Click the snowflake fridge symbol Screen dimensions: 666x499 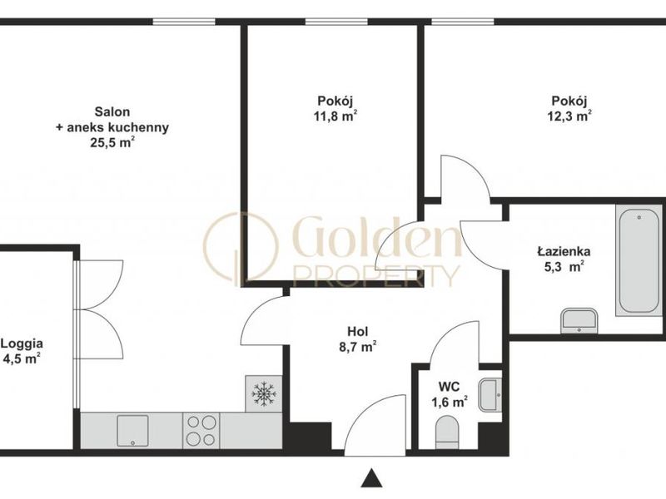(264, 393)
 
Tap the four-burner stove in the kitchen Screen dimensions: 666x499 (201, 430)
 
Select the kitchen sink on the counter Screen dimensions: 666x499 (132, 431)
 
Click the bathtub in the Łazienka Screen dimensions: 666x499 (639, 260)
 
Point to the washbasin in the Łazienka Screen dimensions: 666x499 (579, 321)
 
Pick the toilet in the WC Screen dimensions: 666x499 (447, 432)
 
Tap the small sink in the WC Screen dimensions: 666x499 (490, 395)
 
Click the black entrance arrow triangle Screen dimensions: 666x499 (371, 477)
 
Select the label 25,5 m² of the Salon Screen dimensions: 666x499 (112, 142)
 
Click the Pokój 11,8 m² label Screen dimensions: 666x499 (335, 109)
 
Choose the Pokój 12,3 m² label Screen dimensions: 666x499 (569, 109)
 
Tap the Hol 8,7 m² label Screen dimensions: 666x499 (358, 339)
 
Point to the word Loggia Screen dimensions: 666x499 (22, 343)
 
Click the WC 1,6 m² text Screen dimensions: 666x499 (450, 394)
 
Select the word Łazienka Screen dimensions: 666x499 (564, 251)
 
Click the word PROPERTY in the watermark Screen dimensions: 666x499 (376, 276)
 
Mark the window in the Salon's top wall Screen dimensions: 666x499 (184, 22)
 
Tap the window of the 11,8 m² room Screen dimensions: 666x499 (336, 22)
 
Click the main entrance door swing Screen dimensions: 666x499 (375, 425)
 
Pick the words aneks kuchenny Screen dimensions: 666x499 (117, 127)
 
